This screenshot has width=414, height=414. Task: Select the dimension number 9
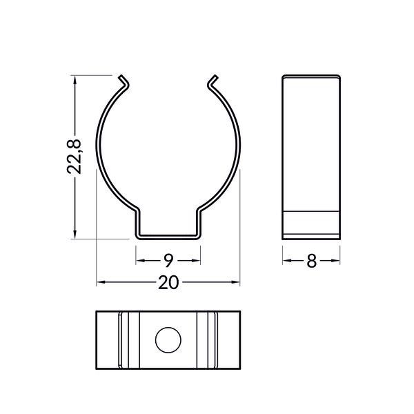(168, 261)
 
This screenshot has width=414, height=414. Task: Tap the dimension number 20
(168, 282)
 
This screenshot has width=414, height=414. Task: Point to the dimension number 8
(311, 261)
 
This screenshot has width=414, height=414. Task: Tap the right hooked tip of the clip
(211, 83)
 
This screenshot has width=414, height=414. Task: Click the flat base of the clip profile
(168, 236)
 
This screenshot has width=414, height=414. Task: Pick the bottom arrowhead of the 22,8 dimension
(75, 234)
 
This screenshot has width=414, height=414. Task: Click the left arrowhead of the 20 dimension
(100, 282)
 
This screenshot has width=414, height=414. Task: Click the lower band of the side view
(311, 224)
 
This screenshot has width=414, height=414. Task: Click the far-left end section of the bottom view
(107, 340)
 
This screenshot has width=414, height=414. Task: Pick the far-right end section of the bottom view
(230, 340)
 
